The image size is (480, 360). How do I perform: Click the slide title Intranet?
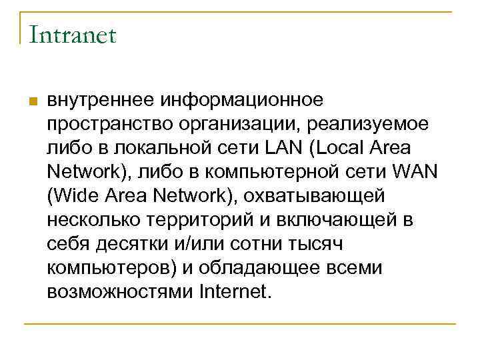[72, 35]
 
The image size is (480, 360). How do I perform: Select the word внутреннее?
[100, 100]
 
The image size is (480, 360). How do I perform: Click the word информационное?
[241, 100]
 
